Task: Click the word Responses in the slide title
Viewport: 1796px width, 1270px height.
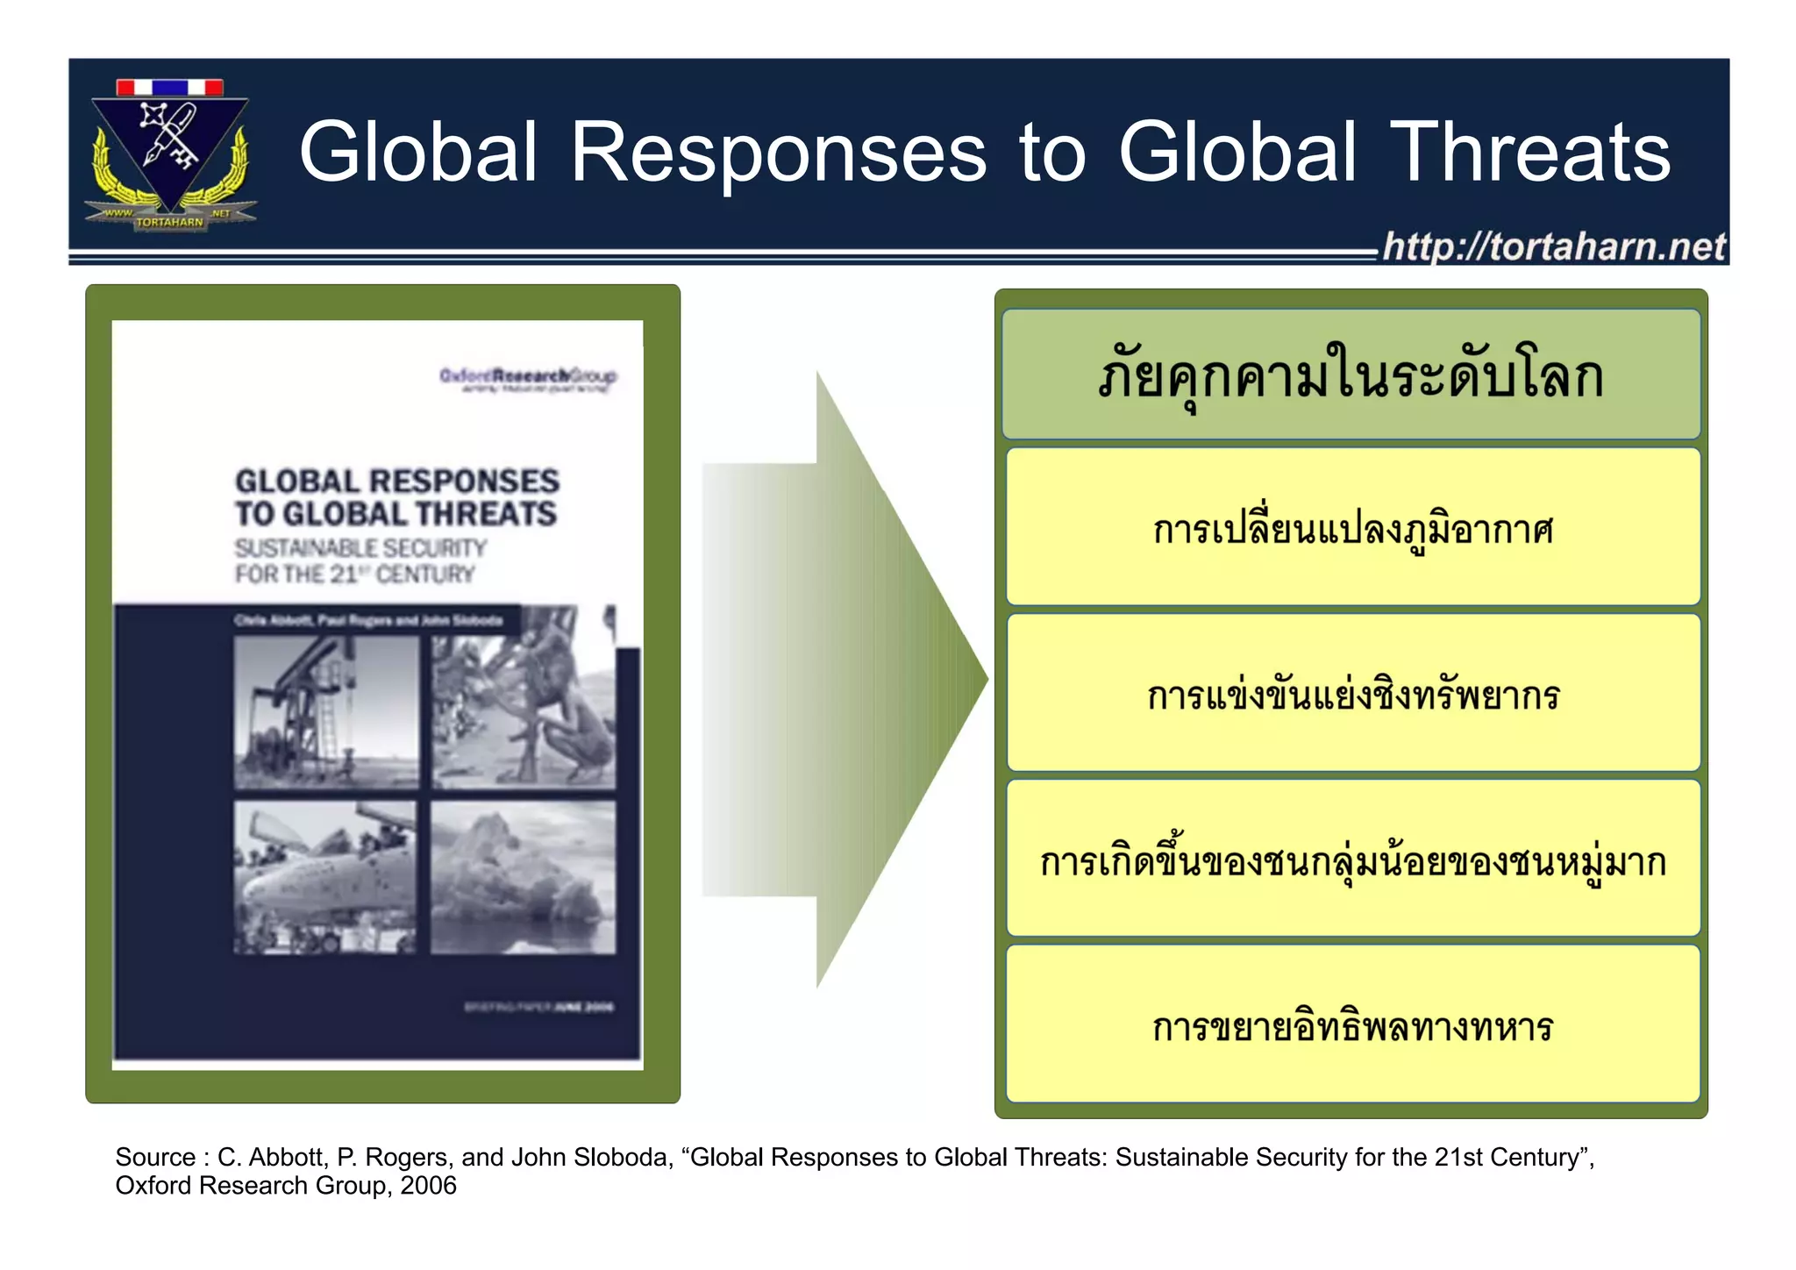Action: pyautogui.click(x=778, y=153)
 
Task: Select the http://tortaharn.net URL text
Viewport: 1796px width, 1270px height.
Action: pyautogui.click(x=1553, y=246)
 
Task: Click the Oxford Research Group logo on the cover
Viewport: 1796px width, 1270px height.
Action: pyautogui.click(x=528, y=377)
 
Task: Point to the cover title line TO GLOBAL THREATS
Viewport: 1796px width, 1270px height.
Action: pyautogui.click(x=396, y=514)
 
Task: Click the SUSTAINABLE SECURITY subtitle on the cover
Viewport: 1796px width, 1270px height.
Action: pyautogui.click(x=360, y=549)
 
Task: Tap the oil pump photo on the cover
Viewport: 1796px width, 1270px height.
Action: pyautogui.click(x=325, y=711)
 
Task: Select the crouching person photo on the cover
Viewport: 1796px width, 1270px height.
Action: pyautogui.click(x=524, y=711)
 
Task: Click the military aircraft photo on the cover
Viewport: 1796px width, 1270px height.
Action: pyautogui.click(x=325, y=876)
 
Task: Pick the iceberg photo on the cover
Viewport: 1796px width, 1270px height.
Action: pyautogui.click(x=524, y=876)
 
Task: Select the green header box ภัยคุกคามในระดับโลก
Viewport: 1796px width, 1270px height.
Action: pyautogui.click(x=1351, y=375)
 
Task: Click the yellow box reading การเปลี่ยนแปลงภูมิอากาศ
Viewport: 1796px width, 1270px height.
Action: pyautogui.click(x=1352, y=527)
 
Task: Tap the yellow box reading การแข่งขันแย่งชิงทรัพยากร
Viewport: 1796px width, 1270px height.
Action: pyautogui.click(x=1352, y=693)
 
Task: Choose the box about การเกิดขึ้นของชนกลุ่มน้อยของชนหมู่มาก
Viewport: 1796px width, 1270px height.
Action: pyautogui.click(x=1352, y=859)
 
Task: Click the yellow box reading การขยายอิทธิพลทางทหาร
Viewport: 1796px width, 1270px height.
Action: pyautogui.click(x=1352, y=1024)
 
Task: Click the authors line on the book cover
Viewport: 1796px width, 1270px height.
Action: pyautogui.click(x=368, y=621)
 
